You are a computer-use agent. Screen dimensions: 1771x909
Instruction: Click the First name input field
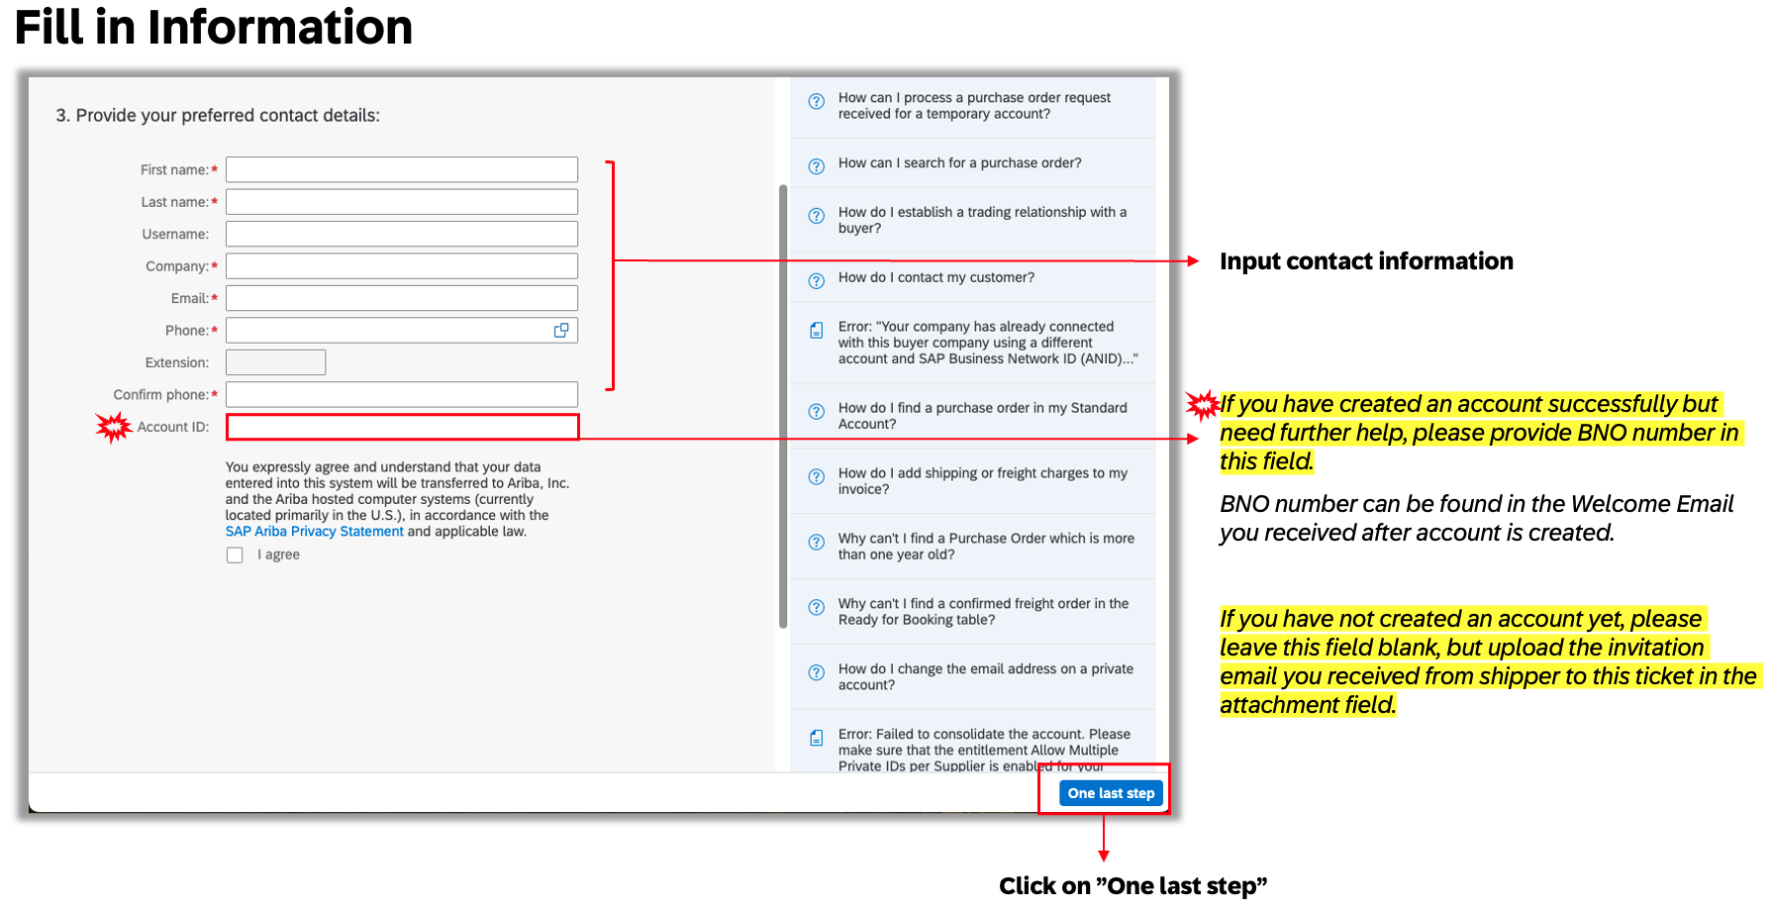(401, 169)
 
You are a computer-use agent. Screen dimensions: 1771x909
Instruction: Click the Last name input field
(401, 202)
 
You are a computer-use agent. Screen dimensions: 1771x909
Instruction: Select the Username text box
(401, 234)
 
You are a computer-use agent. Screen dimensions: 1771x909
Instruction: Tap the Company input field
(401, 266)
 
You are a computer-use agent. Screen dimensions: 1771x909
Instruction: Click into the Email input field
(401, 298)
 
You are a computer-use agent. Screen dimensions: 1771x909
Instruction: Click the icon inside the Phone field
(561, 331)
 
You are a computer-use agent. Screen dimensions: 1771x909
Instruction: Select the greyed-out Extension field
(275, 362)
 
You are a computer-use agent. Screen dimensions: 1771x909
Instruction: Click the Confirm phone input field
(401, 395)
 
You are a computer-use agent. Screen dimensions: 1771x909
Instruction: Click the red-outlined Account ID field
(402, 427)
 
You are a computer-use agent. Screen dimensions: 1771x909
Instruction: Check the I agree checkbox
(235, 555)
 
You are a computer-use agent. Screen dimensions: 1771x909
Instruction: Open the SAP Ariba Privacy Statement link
(314, 532)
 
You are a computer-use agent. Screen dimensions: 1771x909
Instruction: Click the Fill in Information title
(214, 27)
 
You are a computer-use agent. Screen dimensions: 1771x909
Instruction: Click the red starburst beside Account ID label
(114, 427)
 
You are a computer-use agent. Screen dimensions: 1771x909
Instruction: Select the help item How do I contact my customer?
(935, 277)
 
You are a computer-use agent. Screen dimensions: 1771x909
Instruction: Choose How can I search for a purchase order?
(959, 163)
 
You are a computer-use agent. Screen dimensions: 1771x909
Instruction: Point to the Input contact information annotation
(1366, 261)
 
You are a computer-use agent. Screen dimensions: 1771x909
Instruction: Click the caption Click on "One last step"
(1132, 885)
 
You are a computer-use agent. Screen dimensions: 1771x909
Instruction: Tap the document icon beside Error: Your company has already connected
(817, 331)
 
